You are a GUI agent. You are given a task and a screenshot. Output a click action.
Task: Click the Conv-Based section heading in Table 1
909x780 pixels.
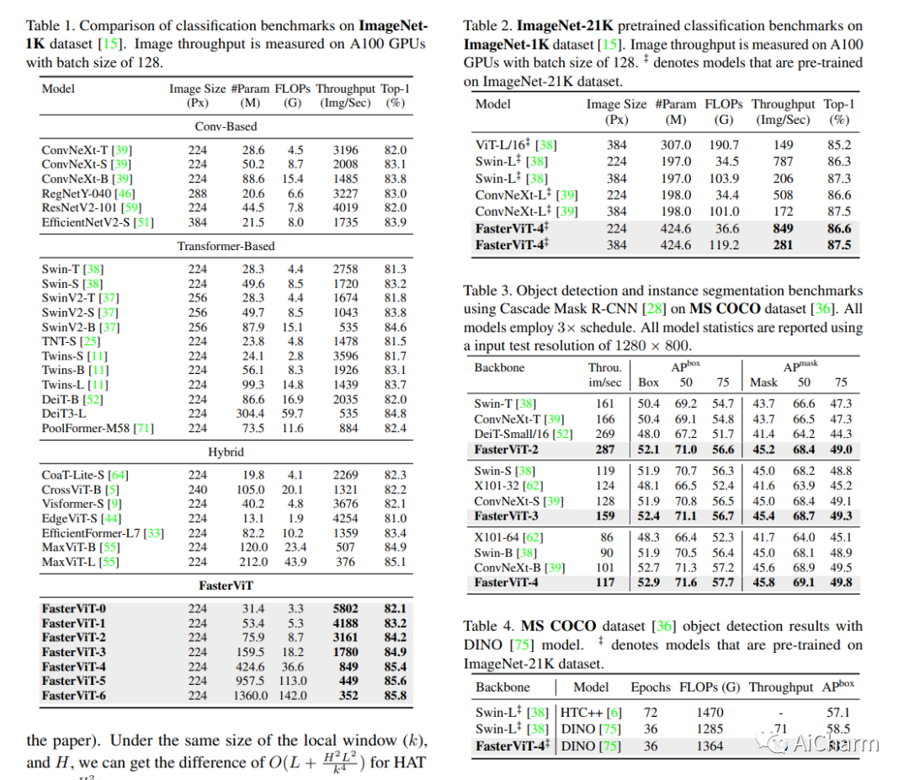(226, 126)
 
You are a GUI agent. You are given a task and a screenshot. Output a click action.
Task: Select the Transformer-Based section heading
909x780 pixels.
(226, 246)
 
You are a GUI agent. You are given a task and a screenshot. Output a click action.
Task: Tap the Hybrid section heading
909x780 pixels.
(226, 451)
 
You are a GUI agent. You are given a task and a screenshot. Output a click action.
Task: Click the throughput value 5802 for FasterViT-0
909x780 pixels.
(345, 608)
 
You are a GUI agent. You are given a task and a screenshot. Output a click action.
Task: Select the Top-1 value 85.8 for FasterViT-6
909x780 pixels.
(396, 696)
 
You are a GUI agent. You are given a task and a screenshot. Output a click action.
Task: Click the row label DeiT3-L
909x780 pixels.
(64, 414)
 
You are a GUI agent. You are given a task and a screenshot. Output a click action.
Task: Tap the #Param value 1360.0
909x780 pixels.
(251, 696)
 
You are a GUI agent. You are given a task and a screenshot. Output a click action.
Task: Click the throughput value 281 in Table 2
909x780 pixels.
(784, 245)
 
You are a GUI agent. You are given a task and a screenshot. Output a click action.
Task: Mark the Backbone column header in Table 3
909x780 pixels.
(499, 367)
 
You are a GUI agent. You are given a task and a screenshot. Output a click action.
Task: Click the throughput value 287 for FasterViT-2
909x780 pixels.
(604, 450)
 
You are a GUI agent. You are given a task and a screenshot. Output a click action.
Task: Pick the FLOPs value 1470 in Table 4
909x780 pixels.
(710, 712)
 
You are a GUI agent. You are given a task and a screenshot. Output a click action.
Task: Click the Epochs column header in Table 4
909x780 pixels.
(650, 687)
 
